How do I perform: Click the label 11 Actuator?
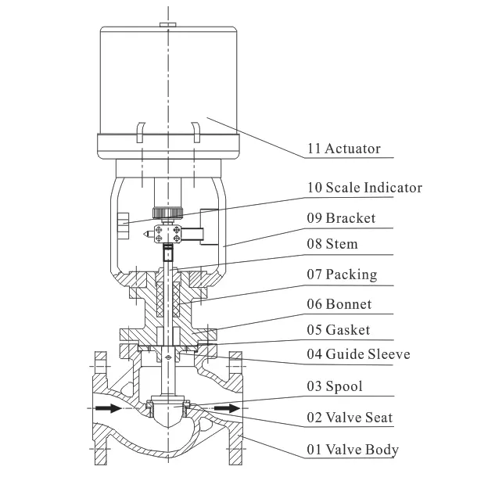342,149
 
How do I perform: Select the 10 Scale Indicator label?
364,188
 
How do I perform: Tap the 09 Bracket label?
340,217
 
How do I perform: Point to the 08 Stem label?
332,244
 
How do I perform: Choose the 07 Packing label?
341,274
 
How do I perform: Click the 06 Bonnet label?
339,303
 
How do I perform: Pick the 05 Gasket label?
338,329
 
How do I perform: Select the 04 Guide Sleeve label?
357,355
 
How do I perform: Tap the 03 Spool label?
334,386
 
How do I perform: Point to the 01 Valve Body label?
352,449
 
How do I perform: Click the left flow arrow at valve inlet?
108,408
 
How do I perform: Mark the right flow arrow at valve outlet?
228,408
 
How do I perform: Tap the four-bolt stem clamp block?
168,233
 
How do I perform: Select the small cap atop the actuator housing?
167,25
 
